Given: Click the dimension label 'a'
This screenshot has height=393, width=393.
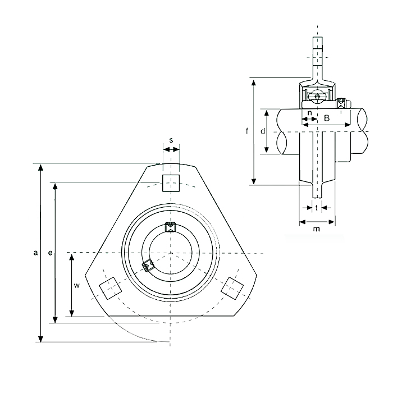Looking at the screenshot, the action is (x=35, y=253).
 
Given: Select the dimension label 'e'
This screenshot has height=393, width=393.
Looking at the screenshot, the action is (x=51, y=253).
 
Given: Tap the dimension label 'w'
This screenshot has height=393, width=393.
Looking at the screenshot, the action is (x=77, y=285).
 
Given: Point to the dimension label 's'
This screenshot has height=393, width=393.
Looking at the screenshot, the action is (x=171, y=140).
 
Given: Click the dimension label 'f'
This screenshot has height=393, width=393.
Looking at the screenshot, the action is (x=247, y=131).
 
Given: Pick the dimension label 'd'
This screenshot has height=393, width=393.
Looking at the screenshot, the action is (x=263, y=131).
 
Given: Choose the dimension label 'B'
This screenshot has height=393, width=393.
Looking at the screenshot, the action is (x=327, y=118).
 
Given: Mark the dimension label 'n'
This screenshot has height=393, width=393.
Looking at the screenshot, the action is (x=309, y=113).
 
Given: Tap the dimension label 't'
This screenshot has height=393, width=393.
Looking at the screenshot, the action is (x=317, y=208).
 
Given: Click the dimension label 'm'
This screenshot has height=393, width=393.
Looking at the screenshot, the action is (x=317, y=229).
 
